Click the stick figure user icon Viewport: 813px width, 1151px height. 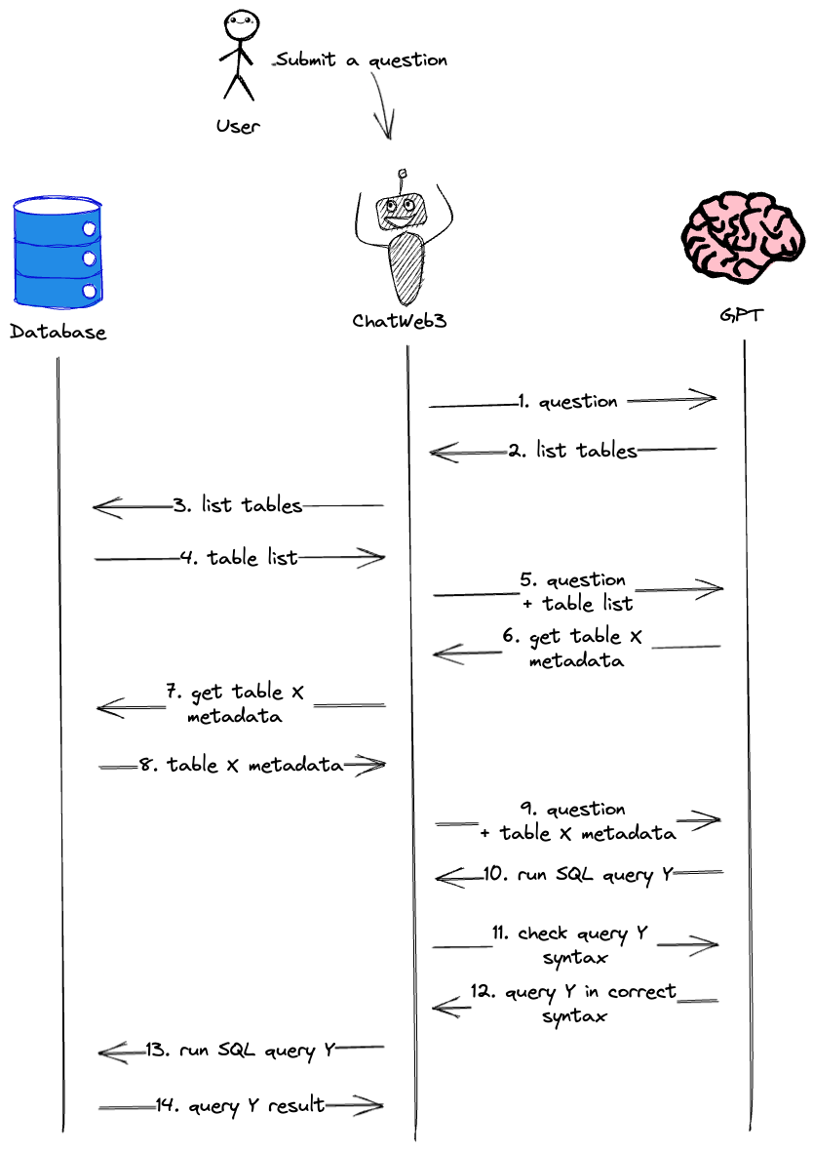[x=237, y=56]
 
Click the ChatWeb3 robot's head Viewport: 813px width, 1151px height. [x=400, y=207]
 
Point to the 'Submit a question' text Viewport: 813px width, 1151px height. [x=361, y=60]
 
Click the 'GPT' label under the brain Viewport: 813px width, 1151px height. [x=742, y=317]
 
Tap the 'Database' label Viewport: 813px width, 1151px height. [x=58, y=333]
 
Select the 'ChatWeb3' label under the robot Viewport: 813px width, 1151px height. [x=400, y=320]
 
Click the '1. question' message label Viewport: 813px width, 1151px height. [x=568, y=401]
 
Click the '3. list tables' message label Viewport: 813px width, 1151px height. [x=238, y=505]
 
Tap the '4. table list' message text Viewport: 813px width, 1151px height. [x=239, y=558]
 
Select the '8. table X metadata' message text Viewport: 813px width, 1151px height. [x=241, y=766]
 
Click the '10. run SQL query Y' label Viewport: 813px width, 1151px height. [x=578, y=874]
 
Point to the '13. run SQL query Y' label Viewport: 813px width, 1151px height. [x=241, y=1051]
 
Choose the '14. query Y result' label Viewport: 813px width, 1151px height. [x=240, y=1105]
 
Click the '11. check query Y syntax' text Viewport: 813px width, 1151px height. [x=575, y=945]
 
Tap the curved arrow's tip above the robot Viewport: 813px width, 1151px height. [x=386, y=137]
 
